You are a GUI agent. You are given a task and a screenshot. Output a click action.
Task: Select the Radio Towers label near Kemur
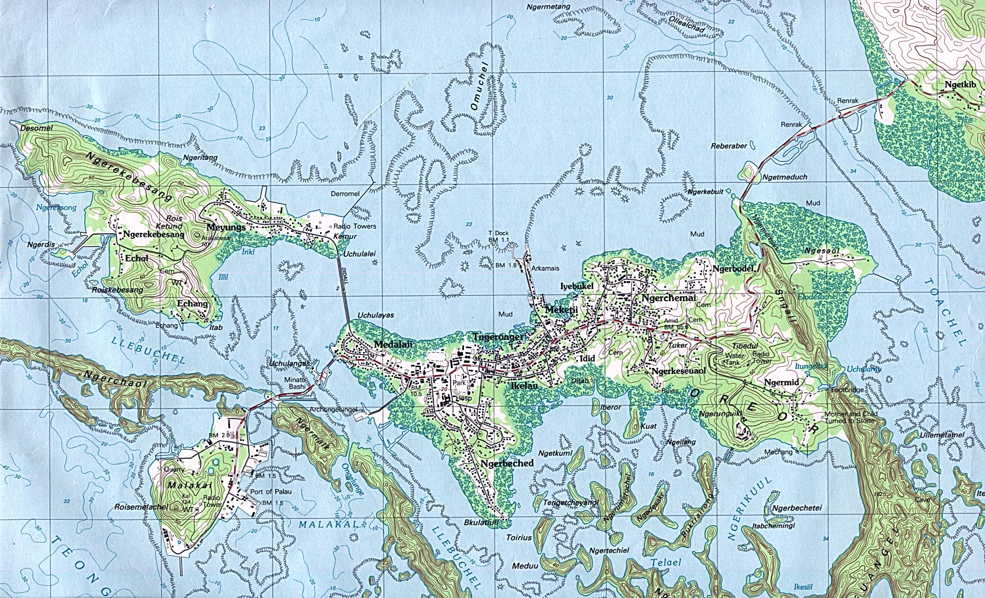[x=355, y=226]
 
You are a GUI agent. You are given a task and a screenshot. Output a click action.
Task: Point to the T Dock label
[x=498, y=233]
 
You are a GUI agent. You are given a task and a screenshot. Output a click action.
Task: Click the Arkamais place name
[x=545, y=268]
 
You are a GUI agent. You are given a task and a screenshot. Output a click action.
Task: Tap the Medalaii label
[x=393, y=345]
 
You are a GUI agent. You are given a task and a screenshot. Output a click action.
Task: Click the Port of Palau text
[x=271, y=491]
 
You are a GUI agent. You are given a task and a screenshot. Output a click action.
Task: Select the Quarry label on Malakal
[x=174, y=469]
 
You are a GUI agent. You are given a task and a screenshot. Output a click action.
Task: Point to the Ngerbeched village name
[x=507, y=463]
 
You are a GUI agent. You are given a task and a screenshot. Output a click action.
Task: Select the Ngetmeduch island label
[x=785, y=177]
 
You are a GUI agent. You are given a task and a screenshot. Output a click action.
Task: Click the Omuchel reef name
[x=481, y=86]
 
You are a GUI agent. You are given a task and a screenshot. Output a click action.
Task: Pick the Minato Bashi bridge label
[x=296, y=383]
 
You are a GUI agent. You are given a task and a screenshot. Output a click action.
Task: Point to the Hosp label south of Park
[x=463, y=398]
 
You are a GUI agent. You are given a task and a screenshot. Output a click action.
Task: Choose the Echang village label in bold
[x=192, y=303]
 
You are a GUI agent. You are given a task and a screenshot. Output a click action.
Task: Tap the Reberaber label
[x=728, y=146]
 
